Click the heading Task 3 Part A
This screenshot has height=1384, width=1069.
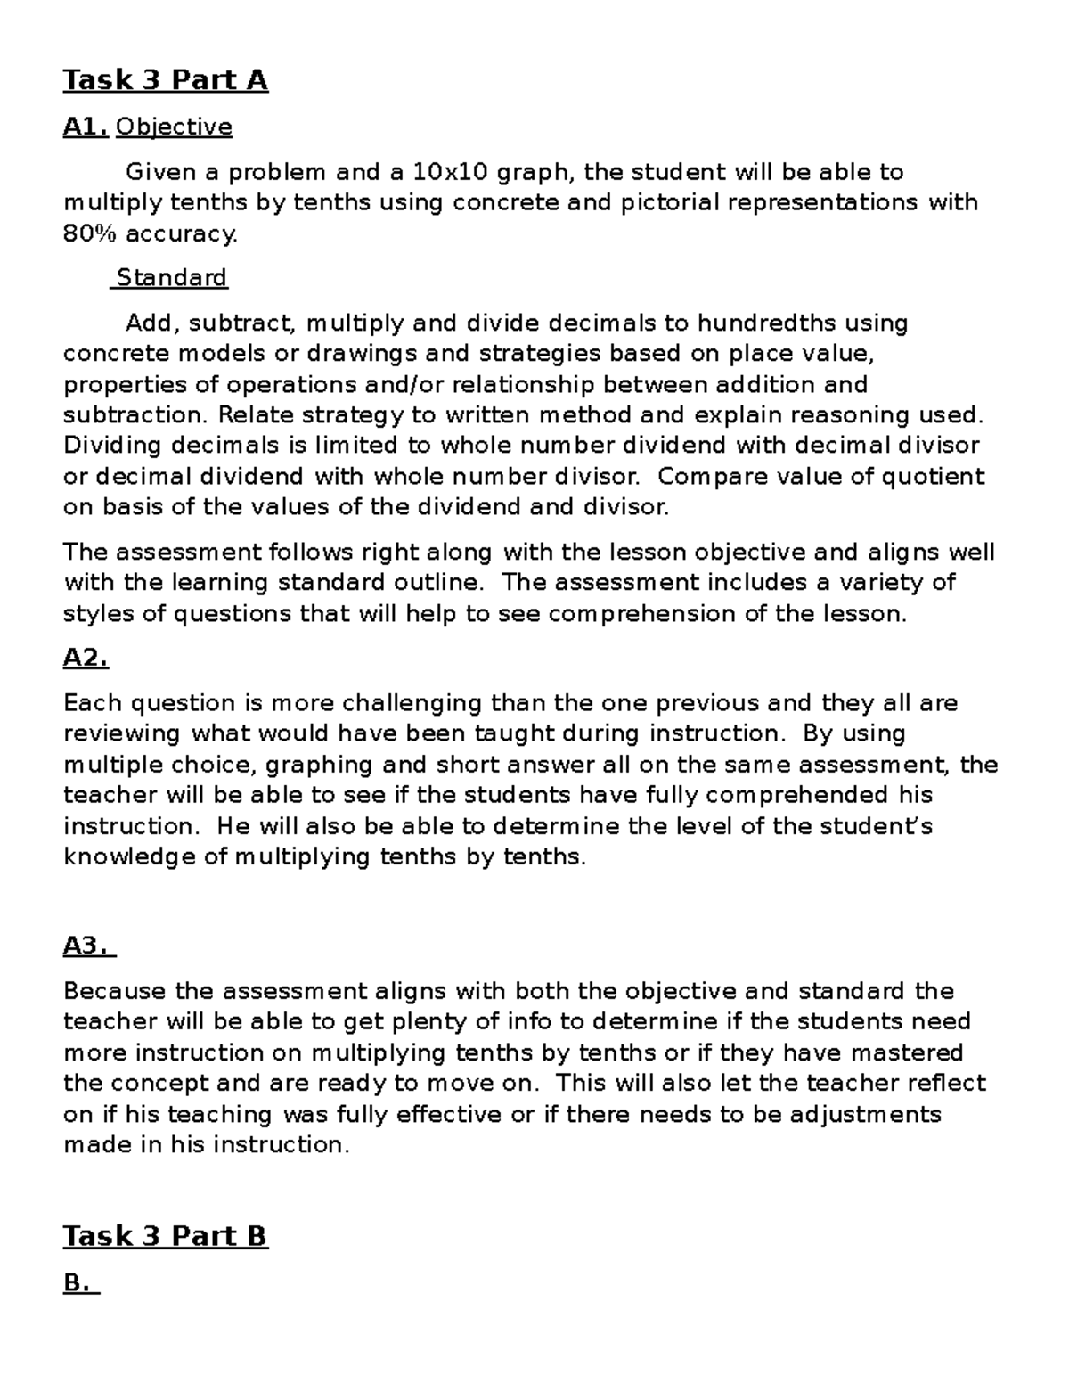coord(165,80)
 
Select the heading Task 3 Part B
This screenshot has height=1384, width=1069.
coord(165,1236)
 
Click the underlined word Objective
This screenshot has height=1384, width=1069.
coord(174,127)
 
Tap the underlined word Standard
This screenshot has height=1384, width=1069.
coord(171,278)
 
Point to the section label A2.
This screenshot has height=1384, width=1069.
coord(86,659)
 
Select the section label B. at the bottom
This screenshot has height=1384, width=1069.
coord(80,1283)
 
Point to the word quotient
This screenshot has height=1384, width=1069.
coord(933,477)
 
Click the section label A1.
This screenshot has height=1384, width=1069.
coord(86,127)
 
